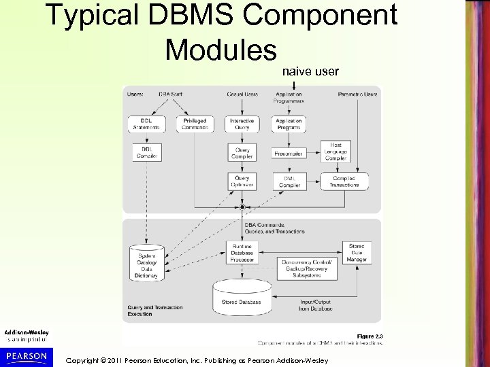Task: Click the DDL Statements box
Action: (x=146, y=124)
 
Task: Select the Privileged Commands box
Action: (x=195, y=124)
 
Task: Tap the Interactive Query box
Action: (x=242, y=124)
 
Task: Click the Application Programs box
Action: (x=289, y=124)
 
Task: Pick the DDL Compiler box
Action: (x=146, y=152)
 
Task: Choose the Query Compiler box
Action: (x=242, y=153)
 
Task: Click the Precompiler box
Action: (x=289, y=153)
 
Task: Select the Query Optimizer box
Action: (x=242, y=181)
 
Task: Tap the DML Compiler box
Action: (x=289, y=181)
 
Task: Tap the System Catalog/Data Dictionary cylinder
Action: (x=146, y=262)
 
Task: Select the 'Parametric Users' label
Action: (x=357, y=94)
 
